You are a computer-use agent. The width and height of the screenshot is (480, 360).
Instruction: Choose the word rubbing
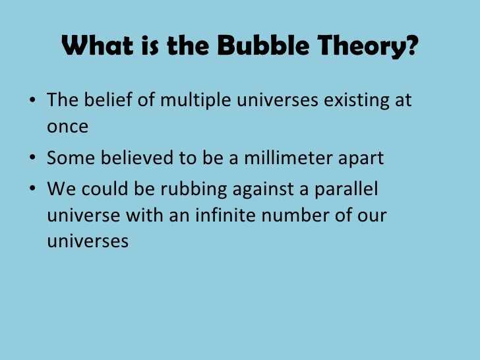(x=186, y=189)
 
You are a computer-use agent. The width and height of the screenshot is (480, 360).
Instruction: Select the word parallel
(x=346, y=189)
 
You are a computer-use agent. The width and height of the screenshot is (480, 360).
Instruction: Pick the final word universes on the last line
(x=87, y=241)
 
